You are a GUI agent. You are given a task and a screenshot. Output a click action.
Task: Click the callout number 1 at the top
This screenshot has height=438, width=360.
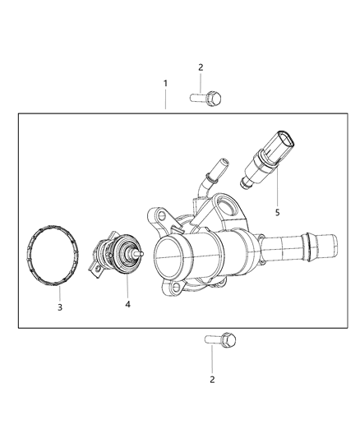165,84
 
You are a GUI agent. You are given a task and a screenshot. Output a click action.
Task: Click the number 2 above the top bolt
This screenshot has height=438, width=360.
200,67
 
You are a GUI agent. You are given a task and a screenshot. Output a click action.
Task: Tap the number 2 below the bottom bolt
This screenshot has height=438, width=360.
212,380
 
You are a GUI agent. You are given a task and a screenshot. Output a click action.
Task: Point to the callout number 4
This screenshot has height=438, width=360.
127,305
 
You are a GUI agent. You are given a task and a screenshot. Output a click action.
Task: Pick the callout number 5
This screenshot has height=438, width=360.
278,212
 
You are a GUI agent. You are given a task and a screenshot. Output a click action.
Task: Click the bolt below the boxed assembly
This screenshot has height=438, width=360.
218,339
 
